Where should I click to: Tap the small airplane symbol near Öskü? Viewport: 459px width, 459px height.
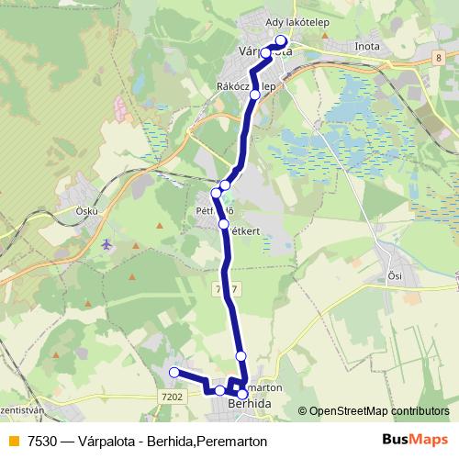108,244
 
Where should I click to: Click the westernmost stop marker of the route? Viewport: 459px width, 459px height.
174,372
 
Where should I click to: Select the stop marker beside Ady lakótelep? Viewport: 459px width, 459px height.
281,41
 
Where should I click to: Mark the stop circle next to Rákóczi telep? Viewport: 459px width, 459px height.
255,94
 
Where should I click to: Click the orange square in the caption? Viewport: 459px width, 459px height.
13,441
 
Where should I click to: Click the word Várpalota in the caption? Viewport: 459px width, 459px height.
115,441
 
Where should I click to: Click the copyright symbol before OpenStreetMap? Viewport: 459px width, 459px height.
303,411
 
